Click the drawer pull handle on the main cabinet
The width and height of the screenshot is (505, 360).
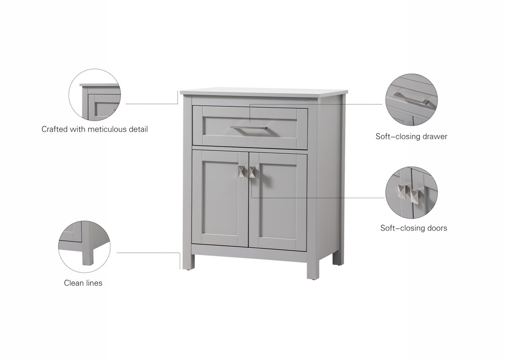click(x=248, y=127)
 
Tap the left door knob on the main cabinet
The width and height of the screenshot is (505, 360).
click(x=242, y=172)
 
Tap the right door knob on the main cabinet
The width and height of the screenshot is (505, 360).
click(x=252, y=172)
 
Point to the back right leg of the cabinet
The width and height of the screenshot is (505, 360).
click(x=338, y=258)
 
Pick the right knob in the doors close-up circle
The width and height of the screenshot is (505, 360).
click(x=415, y=197)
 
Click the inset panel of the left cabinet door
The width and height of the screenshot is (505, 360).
click(x=220, y=198)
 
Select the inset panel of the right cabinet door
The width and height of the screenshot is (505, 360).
click(x=278, y=200)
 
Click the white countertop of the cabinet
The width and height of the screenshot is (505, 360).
click(x=264, y=93)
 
